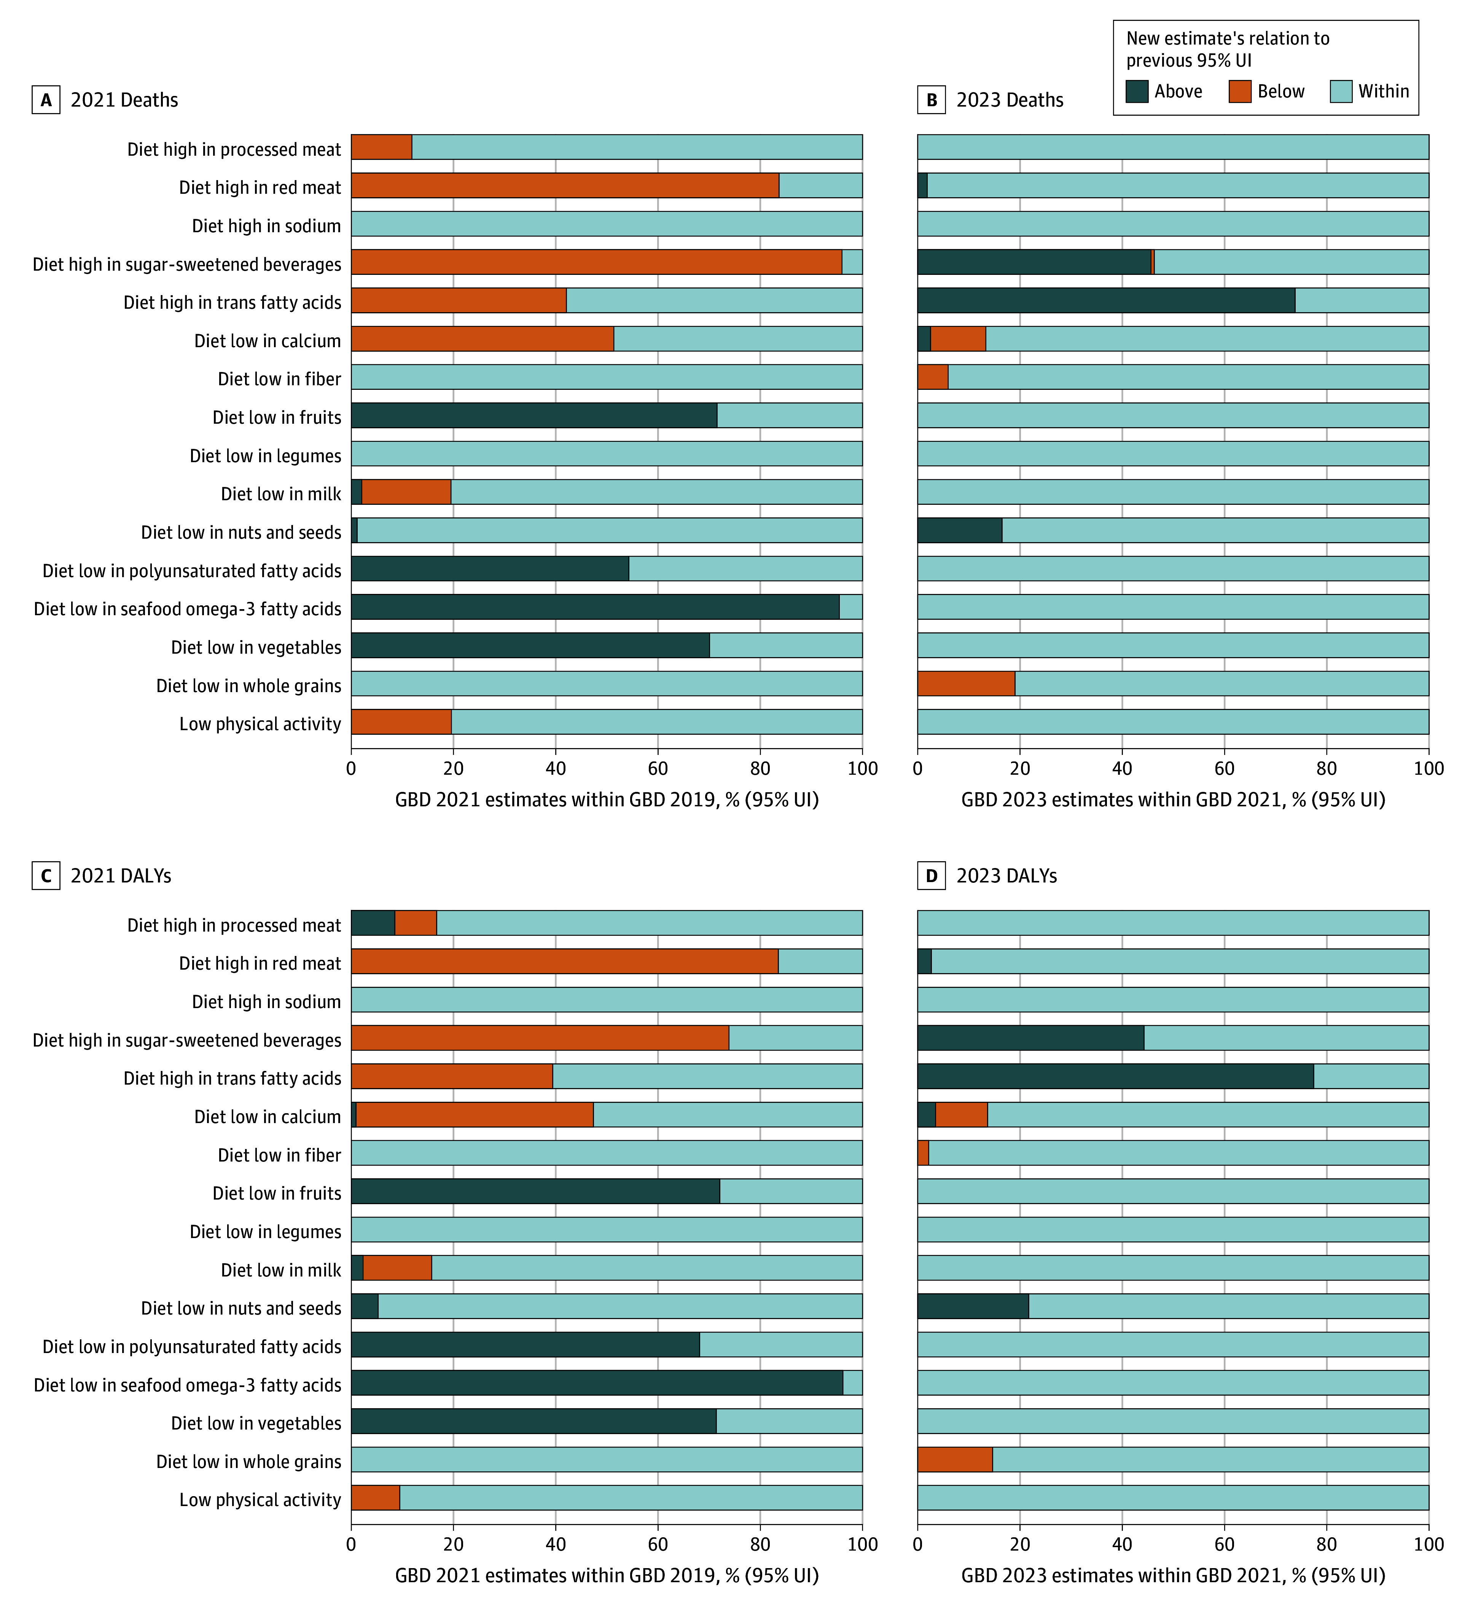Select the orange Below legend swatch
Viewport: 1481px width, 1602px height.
point(1240,91)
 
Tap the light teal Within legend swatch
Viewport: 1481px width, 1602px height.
point(1341,91)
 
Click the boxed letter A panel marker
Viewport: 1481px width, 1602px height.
point(46,100)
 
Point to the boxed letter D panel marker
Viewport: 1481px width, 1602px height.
point(931,876)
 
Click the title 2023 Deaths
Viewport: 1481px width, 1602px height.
point(1010,100)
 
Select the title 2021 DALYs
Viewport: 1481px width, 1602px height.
point(121,876)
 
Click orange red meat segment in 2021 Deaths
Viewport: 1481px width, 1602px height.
point(565,185)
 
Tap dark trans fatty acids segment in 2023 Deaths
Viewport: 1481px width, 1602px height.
point(1106,300)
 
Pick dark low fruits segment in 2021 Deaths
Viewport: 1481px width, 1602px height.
point(534,415)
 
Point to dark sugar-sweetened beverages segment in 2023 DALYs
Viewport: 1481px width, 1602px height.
point(1030,1037)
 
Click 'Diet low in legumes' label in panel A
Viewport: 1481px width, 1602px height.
point(265,455)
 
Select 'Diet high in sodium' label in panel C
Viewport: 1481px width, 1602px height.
point(266,1002)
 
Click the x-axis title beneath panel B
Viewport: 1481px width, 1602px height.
point(1173,799)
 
